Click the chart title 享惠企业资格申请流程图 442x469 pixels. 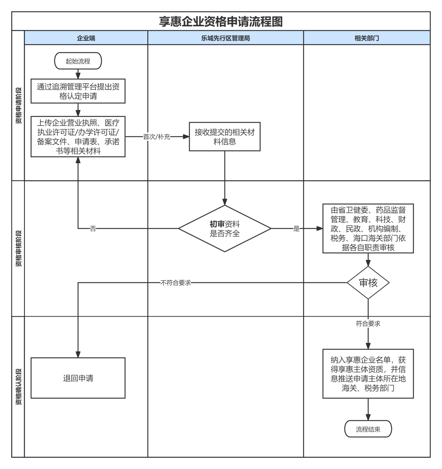(x=220, y=21)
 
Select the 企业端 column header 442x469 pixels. (x=86, y=38)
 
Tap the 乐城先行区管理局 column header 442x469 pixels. (x=225, y=38)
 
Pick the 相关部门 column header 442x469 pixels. (x=367, y=38)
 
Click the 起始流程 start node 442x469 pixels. (x=78, y=61)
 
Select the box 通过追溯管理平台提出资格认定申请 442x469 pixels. (x=78, y=91)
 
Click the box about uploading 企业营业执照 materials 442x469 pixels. (x=78, y=137)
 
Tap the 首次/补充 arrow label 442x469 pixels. (x=156, y=137)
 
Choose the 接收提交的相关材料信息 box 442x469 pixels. (x=225, y=137)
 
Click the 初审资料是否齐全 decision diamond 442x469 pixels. (x=225, y=228)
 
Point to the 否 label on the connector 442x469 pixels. (x=93, y=229)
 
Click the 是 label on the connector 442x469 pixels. (x=296, y=229)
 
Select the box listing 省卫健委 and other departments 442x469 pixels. (x=368, y=228)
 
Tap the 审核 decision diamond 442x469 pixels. (x=368, y=282)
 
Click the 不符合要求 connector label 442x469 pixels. (x=176, y=283)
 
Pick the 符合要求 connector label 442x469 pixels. (x=368, y=324)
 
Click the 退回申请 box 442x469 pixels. (x=78, y=378)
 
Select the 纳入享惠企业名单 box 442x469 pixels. (x=368, y=374)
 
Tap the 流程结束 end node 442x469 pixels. (x=368, y=429)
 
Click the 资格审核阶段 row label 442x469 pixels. (x=19, y=248)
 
